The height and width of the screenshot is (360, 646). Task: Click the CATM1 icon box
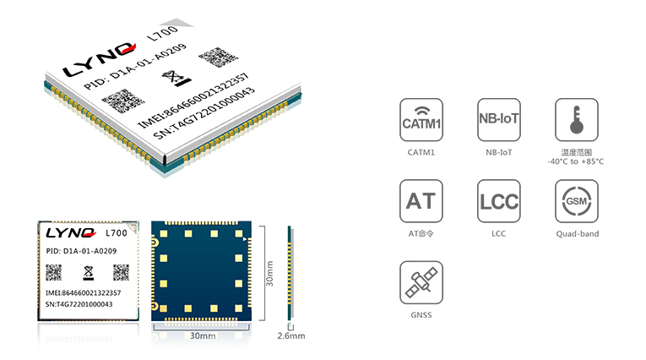pos(421,120)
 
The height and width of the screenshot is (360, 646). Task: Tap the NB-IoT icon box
pos(498,120)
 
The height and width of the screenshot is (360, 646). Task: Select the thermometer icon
pos(577,120)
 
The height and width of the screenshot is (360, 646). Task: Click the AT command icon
pos(421,201)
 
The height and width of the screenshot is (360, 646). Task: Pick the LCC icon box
pos(498,201)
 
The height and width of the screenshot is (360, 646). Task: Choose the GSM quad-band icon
pos(577,201)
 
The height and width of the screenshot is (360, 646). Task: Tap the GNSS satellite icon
pos(421,282)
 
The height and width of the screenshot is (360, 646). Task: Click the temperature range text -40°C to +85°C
pos(576,161)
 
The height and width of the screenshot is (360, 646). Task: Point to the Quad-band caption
pos(578,234)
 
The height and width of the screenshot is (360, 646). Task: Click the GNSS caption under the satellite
pos(421,315)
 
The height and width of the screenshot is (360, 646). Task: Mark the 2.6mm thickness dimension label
pos(291,336)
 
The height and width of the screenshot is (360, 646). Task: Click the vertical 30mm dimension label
pos(269,274)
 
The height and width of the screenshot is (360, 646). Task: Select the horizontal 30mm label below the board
pos(203,336)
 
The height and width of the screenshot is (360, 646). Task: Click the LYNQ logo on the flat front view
pos(71,233)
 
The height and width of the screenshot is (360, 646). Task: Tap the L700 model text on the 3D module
pos(163,33)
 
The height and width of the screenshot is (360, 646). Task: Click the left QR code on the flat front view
pos(53,273)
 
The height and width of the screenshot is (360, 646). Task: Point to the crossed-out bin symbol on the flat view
pos(88,273)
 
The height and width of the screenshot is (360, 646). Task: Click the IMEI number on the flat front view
pos(84,292)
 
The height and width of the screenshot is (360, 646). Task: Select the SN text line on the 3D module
pos(204,113)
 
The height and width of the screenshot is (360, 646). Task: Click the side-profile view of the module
pos(290,273)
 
